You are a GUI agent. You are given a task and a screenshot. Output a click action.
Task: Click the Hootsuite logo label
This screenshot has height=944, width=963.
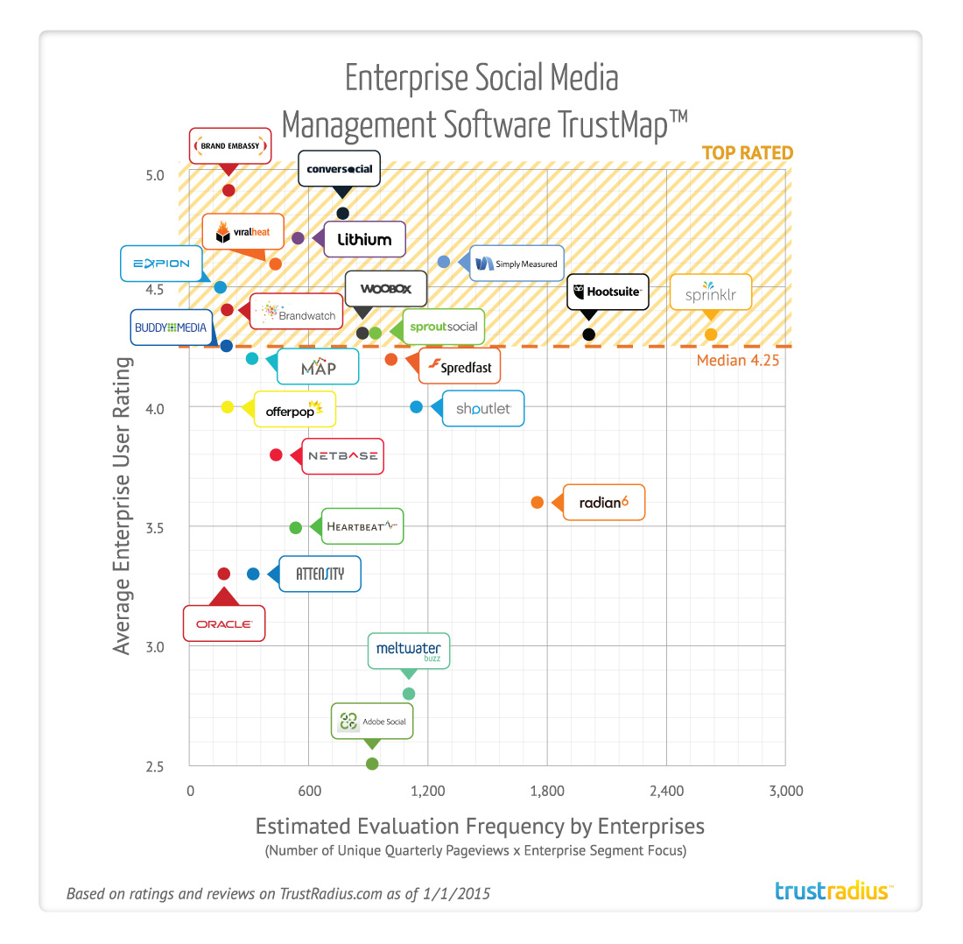[608, 292]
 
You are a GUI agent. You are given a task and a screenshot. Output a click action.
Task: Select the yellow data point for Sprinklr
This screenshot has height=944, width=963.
[711, 334]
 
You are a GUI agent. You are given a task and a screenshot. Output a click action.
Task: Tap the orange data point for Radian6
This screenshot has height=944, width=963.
[538, 503]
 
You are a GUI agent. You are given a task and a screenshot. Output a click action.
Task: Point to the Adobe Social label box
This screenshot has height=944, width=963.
[372, 722]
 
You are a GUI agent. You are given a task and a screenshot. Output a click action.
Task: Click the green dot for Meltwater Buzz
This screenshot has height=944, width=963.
[409, 694]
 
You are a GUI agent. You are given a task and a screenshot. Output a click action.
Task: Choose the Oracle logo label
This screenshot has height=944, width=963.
[224, 624]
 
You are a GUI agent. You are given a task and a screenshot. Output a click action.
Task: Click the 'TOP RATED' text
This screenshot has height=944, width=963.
[747, 153]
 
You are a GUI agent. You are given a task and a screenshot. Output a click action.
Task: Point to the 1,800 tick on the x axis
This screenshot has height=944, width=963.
[546, 792]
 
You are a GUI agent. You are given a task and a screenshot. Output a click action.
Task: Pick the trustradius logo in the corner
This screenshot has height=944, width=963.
[833, 891]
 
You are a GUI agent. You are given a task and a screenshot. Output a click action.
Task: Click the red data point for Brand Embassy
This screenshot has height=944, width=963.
[228, 190]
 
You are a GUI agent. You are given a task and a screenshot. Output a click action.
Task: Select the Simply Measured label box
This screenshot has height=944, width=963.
[517, 263]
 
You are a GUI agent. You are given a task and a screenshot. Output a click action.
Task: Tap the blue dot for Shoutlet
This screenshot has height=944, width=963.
[417, 407]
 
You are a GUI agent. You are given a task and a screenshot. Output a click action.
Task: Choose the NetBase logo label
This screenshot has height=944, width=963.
[342, 455]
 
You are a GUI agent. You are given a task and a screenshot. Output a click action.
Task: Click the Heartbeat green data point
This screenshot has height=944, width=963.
[296, 527]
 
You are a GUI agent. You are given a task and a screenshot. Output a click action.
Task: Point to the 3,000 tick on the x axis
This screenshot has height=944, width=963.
[785, 792]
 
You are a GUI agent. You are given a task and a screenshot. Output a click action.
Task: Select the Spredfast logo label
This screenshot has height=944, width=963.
[460, 367]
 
